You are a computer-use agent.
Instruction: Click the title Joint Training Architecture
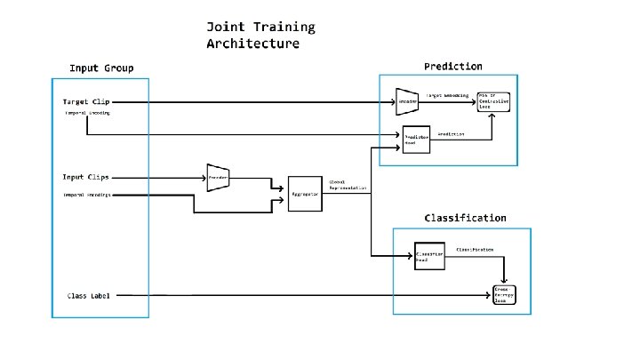click(x=260, y=35)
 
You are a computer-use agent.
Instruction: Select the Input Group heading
click(x=101, y=68)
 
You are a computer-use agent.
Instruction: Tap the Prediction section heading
click(x=452, y=66)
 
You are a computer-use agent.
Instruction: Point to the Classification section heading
click(x=465, y=217)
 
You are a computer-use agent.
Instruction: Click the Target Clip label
click(x=86, y=101)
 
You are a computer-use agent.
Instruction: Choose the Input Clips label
click(x=86, y=177)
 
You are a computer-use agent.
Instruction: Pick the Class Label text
click(x=89, y=295)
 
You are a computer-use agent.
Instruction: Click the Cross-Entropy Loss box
click(x=506, y=294)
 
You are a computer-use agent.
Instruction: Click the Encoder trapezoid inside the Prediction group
click(x=407, y=101)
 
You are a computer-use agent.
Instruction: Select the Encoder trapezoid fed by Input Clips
click(x=219, y=177)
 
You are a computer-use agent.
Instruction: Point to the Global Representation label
click(x=342, y=185)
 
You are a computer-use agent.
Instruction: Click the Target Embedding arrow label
click(x=447, y=94)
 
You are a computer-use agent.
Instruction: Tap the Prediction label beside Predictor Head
click(x=452, y=132)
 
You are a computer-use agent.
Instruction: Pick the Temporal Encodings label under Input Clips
click(x=87, y=194)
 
